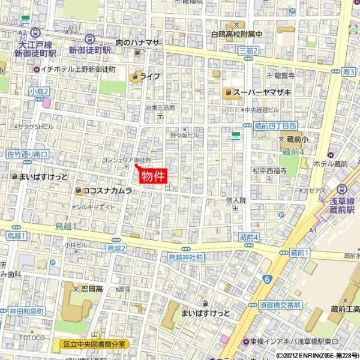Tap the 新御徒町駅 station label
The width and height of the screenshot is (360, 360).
pyautogui.click(x=90, y=51)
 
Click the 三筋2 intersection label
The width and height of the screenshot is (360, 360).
pyautogui.click(x=248, y=51)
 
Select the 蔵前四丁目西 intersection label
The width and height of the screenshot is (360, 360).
pyautogui.click(x=275, y=125)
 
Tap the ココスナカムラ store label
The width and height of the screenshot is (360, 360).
pyautogui.click(x=107, y=191)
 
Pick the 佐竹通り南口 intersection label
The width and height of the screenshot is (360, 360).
pyautogui.click(x=28, y=155)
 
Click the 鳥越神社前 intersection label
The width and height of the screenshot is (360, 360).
pyautogui.click(x=185, y=257)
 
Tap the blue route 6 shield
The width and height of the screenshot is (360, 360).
pyautogui.click(x=267, y=278)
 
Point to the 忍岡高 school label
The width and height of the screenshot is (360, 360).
pyautogui.click(x=92, y=289)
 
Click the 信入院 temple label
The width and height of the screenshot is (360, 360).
pyautogui.click(x=236, y=200)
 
